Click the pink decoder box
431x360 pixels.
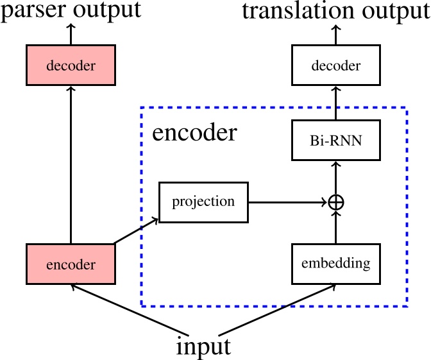tap(71, 65)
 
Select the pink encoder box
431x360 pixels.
tap(71, 264)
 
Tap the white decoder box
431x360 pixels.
tap(335, 65)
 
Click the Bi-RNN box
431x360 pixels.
tap(335, 141)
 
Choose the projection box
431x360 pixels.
tap(203, 202)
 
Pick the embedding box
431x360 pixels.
tap(335, 263)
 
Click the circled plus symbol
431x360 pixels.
tap(335, 202)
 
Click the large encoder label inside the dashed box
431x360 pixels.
tap(194, 133)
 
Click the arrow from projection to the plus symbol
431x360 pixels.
tap(289, 202)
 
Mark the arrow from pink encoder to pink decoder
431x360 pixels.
tap(71, 167)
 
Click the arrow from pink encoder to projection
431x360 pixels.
tap(137, 231)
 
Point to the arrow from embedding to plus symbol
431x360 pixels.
tap(335, 227)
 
